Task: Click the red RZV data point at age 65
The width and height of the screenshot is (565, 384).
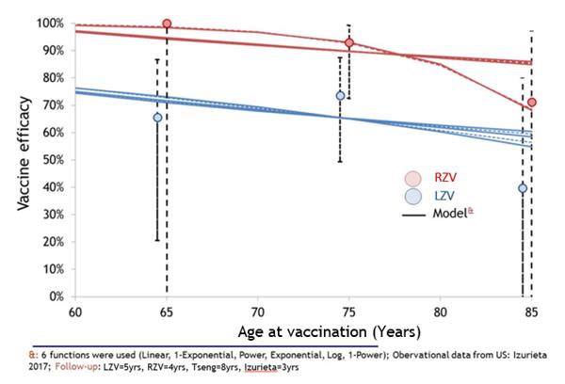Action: click(x=167, y=24)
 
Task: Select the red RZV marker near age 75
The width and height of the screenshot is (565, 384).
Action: click(x=349, y=43)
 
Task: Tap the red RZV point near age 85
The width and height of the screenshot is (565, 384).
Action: click(x=532, y=103)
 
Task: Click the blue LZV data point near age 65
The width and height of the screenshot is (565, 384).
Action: click(x=157, y=118)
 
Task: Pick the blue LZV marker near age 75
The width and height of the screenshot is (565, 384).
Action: click(x=340, y=96)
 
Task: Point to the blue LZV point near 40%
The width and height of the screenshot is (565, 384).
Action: click(x=522, y=188)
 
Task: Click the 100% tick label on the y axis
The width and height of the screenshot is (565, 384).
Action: click(x=50, y=23)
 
